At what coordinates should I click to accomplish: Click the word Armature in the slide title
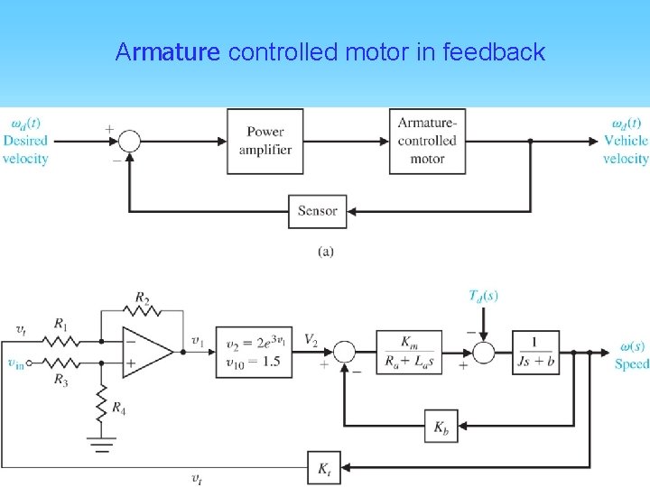point(168,52)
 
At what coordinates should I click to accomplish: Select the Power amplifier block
point(265,141)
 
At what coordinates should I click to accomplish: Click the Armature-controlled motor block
point(428,141)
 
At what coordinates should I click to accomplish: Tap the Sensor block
point(317,211)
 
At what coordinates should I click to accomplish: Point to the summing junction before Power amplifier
point(130,141)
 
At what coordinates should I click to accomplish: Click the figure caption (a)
point(326,252)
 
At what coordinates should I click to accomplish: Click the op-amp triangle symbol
point(146,352)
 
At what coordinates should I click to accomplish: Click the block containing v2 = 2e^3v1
point(254,352)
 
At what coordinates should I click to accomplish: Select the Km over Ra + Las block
point(408,352)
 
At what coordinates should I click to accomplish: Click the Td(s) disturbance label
point(484,295)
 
